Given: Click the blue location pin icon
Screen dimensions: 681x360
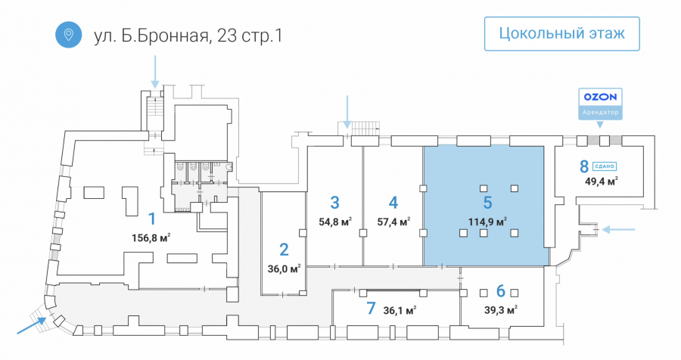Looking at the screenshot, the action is pos(69,34).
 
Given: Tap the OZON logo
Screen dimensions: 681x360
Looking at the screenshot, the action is pos(600,97).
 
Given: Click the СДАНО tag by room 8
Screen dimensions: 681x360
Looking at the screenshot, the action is pos(605,166).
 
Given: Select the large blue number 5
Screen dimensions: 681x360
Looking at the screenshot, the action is pos(487,203).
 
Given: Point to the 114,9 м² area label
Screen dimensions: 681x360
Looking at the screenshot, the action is pos(487,222).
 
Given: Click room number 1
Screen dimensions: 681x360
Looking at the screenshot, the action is pos(152,219).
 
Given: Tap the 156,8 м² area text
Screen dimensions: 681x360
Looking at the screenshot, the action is pos(151,238).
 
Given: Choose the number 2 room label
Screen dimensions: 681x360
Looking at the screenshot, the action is pos(284,250).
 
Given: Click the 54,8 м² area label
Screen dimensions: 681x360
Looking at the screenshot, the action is pos(335,222).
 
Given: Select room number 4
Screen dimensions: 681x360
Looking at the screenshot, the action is pos(393,203).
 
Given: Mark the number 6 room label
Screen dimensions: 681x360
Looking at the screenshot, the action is pos(501,291).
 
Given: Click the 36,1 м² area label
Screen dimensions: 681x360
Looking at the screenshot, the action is pos(400,311).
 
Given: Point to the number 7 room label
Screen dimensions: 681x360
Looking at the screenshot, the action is pos(371,309).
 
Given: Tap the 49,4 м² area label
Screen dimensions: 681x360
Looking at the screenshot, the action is pos(602,181).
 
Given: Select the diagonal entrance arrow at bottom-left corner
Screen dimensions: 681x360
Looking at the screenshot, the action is pos(31,326).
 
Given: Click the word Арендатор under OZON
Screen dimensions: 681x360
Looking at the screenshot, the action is pos(600,113).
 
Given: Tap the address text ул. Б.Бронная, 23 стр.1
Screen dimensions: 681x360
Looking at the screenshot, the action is pos(188,35).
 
